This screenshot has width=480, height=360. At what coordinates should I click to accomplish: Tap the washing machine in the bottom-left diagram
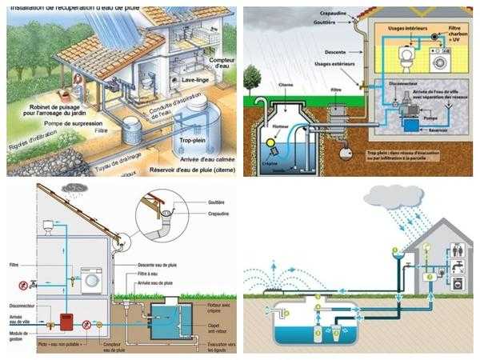point(93,281)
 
